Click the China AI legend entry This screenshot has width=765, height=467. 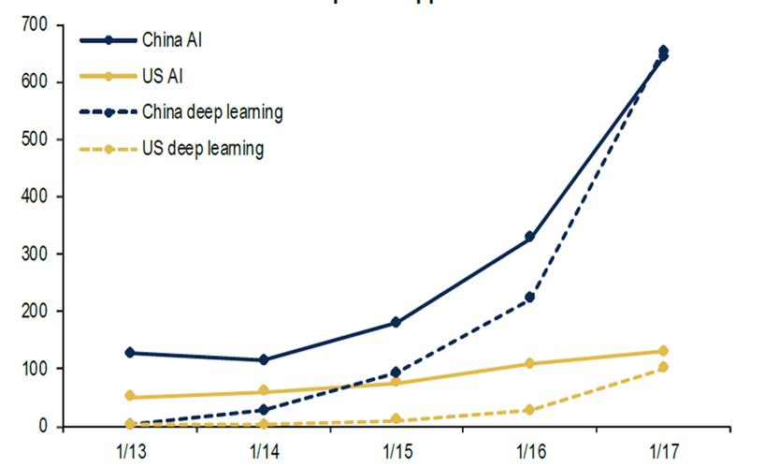coord(167,40)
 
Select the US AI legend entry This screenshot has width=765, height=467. coord(160,76)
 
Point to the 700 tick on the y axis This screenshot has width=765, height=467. coord(38,24)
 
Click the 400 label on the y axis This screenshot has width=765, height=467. coord(38,197)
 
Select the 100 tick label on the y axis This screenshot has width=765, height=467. coord(38,369)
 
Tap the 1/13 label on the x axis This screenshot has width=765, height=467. coord(130,447)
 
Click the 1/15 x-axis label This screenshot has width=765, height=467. coord(396,447)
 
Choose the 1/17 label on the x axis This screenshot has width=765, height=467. coord(663,447)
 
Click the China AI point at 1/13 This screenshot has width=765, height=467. coord(130,353)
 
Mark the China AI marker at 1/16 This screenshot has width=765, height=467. coord(529,237)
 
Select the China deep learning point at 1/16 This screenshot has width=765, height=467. coord(529,298)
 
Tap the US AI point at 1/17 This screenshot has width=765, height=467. coord(663,351)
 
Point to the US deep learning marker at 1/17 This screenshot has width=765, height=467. coord(663,367)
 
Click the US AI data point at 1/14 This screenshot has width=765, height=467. coord(263,391)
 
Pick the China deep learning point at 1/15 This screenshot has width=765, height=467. coord(397,372)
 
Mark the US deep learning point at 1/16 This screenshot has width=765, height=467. coord(529,410)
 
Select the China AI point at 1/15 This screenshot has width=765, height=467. coord(397,322)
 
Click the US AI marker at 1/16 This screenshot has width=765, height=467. coord(529,363)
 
